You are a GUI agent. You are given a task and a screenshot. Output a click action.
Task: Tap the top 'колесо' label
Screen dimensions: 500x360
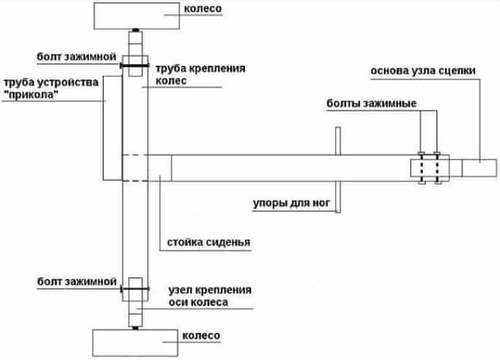tap(203, 9)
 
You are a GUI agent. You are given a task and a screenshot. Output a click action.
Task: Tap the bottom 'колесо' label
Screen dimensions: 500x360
tap(201, 335)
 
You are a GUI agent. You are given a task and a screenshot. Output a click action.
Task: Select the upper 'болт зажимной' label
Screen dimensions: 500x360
tap(77, 57)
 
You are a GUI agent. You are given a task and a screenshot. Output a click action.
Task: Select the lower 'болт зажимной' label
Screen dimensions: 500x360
tap(77, 281)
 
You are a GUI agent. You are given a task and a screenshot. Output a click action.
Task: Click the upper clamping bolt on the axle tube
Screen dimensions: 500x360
tap(135, 66)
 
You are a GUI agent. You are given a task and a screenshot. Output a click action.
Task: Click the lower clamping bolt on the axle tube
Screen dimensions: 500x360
tap(135, 289)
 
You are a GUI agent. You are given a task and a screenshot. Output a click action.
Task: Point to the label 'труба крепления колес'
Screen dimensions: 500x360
tap(200, 74)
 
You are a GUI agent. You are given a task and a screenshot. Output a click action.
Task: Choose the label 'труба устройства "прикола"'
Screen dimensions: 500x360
tap(51, 88)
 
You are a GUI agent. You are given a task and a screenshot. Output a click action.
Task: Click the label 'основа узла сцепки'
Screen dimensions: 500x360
tap(423, 71)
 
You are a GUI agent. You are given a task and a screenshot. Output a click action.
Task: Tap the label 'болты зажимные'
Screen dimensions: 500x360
tap(372, 103)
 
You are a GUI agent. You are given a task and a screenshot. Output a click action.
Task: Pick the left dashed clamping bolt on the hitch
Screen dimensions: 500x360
tap(421, 168)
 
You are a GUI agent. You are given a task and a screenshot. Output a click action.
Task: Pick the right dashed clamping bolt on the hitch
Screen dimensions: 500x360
tap(437, 168)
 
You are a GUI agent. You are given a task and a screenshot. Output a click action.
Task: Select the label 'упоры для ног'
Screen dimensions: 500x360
tap(292, 203)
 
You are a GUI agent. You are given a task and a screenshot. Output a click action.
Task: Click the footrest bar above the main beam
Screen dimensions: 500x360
tap(338, 141)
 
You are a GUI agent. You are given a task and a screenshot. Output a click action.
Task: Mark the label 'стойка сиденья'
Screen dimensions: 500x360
tap(208, 243)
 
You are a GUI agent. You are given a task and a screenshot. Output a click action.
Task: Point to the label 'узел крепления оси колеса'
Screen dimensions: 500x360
tap(210, 296)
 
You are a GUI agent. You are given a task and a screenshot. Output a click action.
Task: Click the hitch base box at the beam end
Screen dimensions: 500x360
tap(480, 168)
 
